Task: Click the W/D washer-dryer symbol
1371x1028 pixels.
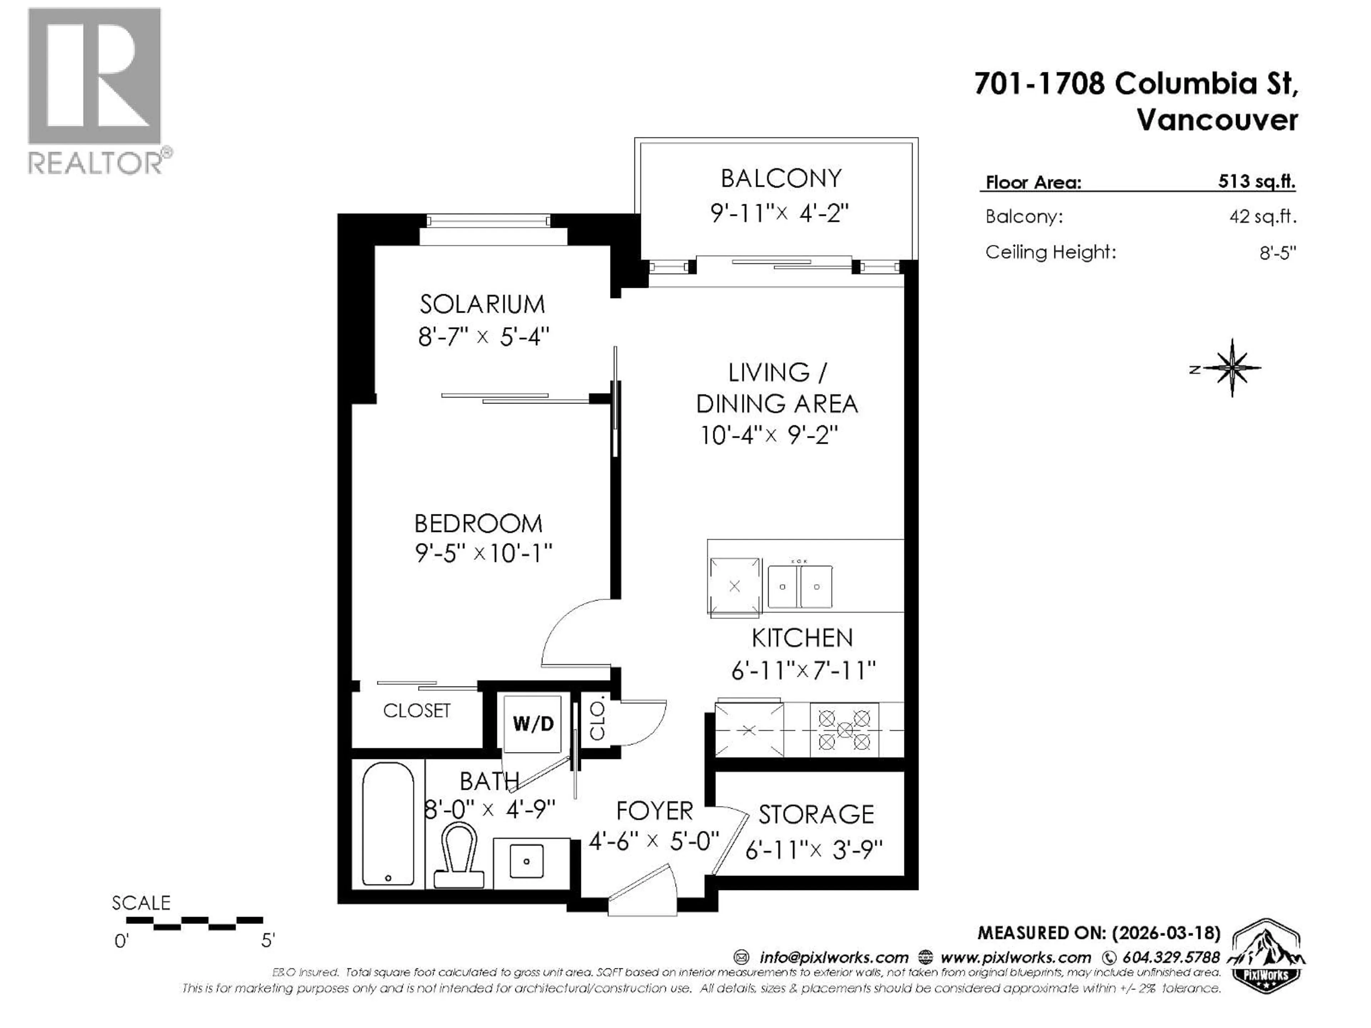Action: [x=532, y=723]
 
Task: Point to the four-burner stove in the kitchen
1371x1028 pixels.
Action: [x=844, y=730]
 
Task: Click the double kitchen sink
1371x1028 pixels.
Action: [x=799, y=586]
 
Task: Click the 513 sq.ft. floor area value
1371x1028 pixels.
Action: [x=1256, y=182]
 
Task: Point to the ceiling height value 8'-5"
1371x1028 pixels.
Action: [x=1277, y=253]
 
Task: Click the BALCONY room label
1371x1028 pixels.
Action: [x=780, y=178]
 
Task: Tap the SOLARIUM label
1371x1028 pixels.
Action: [x=482, y=304]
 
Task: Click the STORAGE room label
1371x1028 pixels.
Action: [x=816, y=814]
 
